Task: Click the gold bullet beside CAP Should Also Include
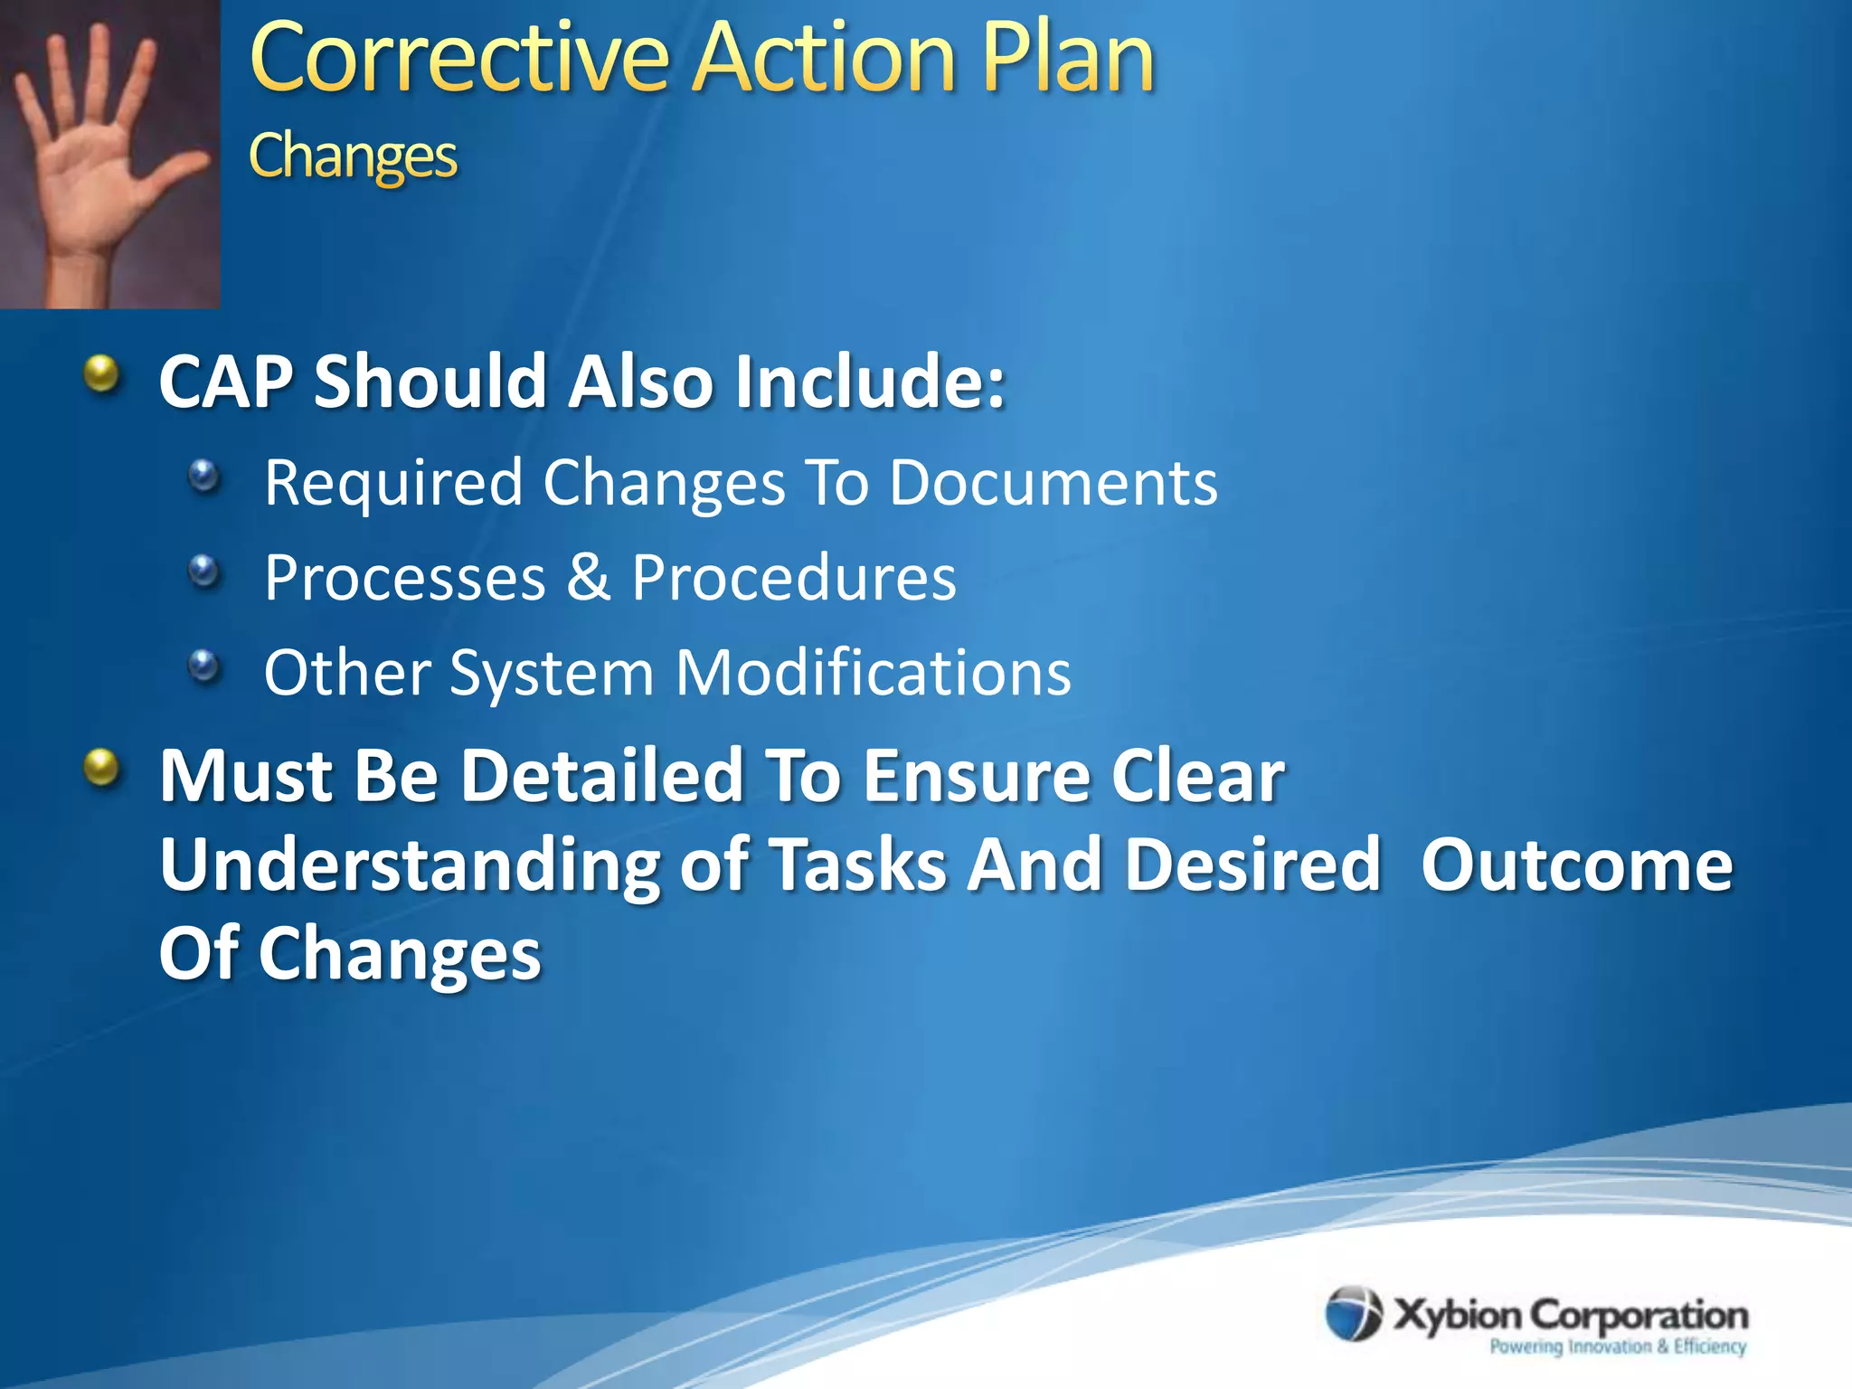coord(102,373)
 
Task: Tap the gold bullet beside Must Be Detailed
coord(102,769)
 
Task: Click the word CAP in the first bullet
coord(225,382)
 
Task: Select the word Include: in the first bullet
coord(869,382)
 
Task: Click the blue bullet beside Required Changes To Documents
coord(205,475)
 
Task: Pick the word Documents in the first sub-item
coord(1054,482)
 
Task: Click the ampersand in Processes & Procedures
coord(589,577)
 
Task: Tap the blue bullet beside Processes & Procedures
coord(205,571)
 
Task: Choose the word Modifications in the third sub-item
coord(874,673)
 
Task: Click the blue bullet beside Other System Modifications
coord(205,667)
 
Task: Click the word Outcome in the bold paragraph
coord(1576,865)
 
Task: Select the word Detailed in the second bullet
coord(601,776)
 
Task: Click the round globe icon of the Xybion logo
coord(1354,1313)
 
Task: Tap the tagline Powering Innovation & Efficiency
coord(1617,1346)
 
